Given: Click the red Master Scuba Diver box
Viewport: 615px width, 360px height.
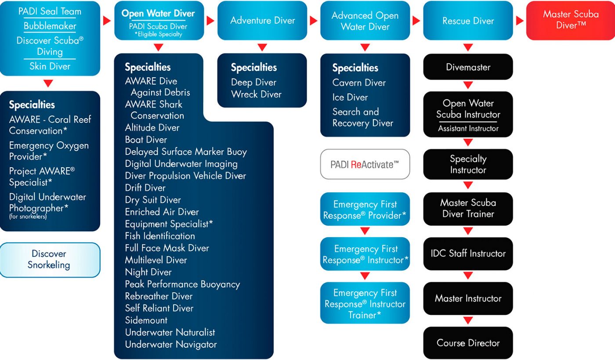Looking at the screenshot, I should coord(570,20).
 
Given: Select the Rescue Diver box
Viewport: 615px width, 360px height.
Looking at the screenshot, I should coord(468,21).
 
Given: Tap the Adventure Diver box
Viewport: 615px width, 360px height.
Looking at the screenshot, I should coord(262,21).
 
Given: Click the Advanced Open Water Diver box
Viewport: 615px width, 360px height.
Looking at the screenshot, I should coord(365,21).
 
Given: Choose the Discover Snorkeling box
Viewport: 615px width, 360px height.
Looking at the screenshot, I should coord(49,259).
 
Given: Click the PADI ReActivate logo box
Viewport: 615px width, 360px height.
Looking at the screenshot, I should coord(365,164).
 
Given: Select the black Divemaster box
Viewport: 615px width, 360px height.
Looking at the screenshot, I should coord(468,67).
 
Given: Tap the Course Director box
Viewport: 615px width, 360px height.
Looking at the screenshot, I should coord(468,343).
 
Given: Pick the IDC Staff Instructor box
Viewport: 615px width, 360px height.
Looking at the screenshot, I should coord(468,253).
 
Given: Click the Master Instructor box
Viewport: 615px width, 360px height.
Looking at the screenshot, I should coord(468,299).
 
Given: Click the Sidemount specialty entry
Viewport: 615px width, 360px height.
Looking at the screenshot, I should coord(146,320).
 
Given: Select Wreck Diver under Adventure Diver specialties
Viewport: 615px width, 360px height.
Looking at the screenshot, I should coord(256,94).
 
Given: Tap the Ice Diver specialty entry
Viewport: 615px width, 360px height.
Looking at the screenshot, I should coord(350,97).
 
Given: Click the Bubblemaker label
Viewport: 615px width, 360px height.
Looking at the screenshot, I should coord(50,26).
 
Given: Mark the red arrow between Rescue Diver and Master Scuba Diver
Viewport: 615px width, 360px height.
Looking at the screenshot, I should coord(520,21).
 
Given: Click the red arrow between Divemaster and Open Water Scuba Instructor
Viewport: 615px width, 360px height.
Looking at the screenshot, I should coord(468,85).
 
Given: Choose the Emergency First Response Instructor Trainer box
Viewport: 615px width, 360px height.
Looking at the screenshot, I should coord(365,303).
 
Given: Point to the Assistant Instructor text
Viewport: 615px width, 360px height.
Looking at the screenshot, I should coord(468,129).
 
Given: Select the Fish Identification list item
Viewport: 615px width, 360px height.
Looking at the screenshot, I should coord(160,236).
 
